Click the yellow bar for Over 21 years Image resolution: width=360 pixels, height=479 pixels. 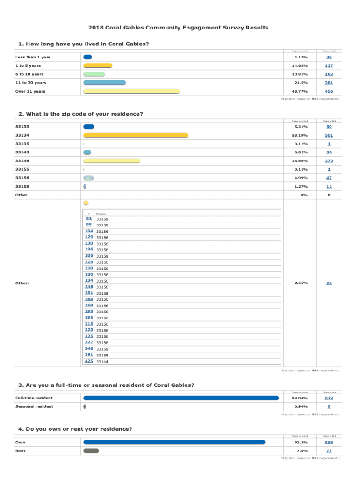point(131,91)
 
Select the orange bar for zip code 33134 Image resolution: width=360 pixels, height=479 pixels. point(136,135)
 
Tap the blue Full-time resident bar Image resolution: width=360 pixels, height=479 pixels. point(180,398)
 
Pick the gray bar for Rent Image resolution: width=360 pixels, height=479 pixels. point(91,451)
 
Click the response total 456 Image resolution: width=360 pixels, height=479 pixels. point(329,91)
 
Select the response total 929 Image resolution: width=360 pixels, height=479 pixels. point(329,398)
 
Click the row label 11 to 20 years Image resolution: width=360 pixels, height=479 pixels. point(31,83)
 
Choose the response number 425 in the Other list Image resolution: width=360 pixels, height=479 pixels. point(89,361)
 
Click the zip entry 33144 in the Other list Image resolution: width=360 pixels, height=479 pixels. point(102,361)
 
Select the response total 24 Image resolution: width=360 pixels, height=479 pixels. point(329,283)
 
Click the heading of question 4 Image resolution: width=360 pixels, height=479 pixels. point(75,428)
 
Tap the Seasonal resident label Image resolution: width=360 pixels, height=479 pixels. point(34,406)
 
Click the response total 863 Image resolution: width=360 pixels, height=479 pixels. point(329,442)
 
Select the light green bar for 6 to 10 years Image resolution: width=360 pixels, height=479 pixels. point(94,74)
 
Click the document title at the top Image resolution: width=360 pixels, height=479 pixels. point(180,28)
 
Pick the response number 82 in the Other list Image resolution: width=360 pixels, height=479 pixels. point(89,218)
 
